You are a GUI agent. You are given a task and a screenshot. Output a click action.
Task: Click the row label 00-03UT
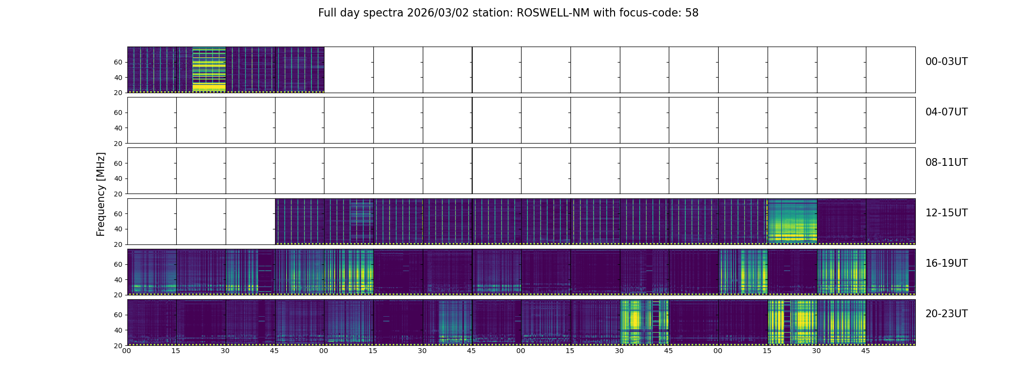[x=946, y=62]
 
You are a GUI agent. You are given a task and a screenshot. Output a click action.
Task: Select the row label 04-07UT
[x=946, y=112]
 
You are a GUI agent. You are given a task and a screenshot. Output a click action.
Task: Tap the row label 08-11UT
[x=946, y=162]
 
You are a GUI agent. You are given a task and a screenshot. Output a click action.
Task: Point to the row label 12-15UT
[x=946, y=213]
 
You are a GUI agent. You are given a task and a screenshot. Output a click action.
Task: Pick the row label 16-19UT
[x=946, y=263]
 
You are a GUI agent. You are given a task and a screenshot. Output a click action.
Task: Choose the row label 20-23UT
[x=946, y=314]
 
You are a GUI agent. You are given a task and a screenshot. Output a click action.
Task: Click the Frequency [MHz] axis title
[x=101, y=194]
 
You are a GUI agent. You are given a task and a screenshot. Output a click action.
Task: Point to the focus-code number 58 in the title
[x=692, y=13]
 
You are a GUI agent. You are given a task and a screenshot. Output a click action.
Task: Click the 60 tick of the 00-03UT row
[x=118, y=62]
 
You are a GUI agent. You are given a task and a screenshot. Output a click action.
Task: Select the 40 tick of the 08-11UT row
[x=118, y=178]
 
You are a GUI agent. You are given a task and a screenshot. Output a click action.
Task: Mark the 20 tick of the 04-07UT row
[x=118, y=144]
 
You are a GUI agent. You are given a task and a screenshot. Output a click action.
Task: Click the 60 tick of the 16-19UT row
[x=118, y=264]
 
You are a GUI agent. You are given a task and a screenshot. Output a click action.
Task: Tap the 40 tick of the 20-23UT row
[x=118, y=330]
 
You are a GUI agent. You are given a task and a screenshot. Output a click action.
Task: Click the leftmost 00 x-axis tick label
[x=127, y=351]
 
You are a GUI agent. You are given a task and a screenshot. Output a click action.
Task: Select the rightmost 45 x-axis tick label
[x=865, y=351]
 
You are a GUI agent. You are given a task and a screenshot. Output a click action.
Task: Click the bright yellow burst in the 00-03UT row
[x=209, y=69]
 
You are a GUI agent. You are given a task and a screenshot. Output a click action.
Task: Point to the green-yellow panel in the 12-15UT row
[x=792, y=221]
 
